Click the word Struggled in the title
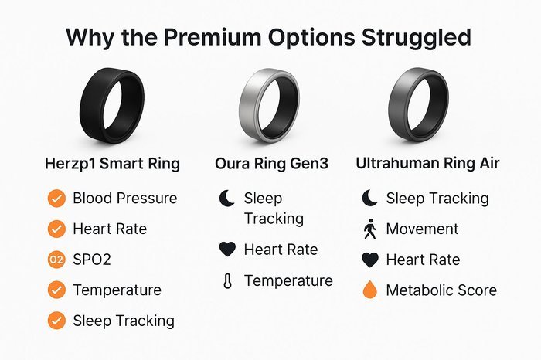(417, 38)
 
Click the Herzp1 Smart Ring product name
(113, 164)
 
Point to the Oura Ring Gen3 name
(271, 164)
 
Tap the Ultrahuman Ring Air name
(427, 163)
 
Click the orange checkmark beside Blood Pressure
(56, 199)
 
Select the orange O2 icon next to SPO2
(56, 260)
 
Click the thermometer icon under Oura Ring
(227, 280)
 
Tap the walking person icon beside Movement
(370, 229)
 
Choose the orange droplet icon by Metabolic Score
(370, 290)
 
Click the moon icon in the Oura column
(227, 199)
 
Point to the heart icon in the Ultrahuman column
(370, 260)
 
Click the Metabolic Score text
(441, 290)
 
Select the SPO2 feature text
(92, 260)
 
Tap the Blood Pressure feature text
(125, 199)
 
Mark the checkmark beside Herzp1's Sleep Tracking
(56, 321)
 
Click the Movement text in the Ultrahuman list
(422, 229)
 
